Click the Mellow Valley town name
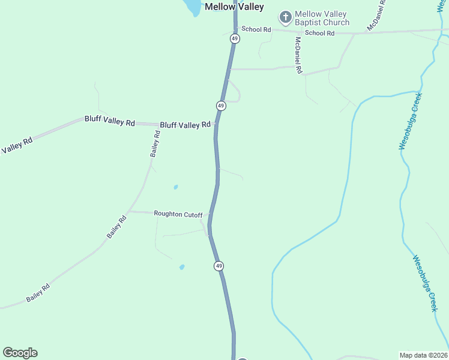pyautogui.click(x=234, y=7)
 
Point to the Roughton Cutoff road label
pyautogui.click(x=178, y=214)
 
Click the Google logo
pyautogui.click(x=20, y=353)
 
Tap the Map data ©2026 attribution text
pyautogui.click(x=423, y=355)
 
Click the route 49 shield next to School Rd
pyautogui.click(x=235, y=38)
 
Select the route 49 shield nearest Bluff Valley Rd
pyautogui.click(x=221, y=106)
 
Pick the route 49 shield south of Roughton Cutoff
pyautogui.click(x=218, y=266)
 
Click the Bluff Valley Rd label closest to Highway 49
pyautogui.click(x=185, y=125)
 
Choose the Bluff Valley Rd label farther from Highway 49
pyautogui.click(x=110, y=121)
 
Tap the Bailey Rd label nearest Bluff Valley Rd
pyautogui.click(x=155, y=144)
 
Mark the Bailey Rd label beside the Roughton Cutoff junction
pyautogui.click(x=117, y=227)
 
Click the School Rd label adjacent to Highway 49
pyautogui.click(x=256, y=29)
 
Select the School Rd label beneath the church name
pyautogui.click(x=319, y=33)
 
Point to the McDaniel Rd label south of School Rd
pyautogui.click(x=298, y=55)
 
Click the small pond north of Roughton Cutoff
pyautogui.click(x=175, y=187)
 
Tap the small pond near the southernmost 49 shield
pyautogui.click(x=182, y=267)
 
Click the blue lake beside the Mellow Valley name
pyautogui.click(x=193, y=7)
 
